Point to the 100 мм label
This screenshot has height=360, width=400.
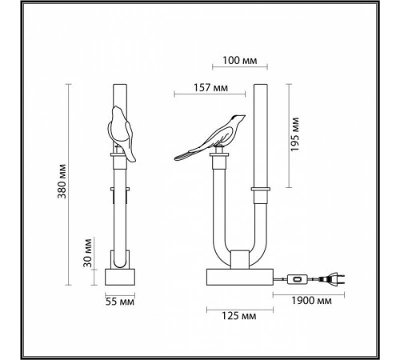click(x=239, y=61)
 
